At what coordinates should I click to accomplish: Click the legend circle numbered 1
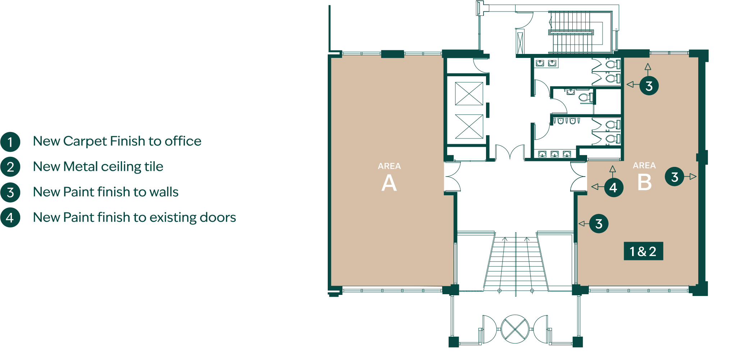(10, 142)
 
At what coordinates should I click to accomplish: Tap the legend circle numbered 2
(10, 167)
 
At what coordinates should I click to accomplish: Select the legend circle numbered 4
(10, 218)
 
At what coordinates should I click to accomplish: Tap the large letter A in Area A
(389, 183)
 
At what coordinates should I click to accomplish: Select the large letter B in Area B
(644, 182)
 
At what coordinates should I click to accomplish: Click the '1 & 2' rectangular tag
(643, 251)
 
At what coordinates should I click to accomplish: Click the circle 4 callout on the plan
(613, 187)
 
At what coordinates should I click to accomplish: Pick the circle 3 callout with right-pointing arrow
(675, 177)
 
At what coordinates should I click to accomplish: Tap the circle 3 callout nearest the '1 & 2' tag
(599, 224)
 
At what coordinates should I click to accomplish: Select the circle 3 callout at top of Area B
(649, 86)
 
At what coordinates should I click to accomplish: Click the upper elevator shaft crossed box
(469, 94)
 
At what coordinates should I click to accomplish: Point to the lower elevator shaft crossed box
(469, 126)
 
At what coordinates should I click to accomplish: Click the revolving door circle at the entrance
(515, 329)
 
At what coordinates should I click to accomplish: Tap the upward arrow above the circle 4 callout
(613, 172)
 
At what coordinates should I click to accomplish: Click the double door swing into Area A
(453, 177)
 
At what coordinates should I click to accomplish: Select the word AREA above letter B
(644, 165)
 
